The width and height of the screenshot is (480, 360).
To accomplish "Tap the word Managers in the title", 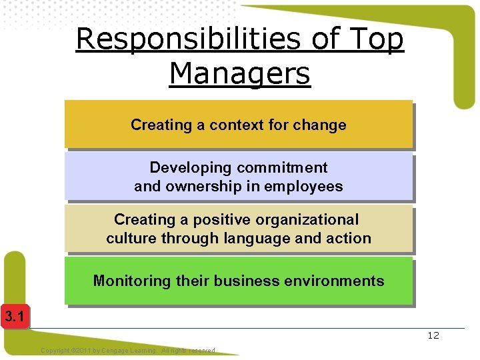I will (240, 73).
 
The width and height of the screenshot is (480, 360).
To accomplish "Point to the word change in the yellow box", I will (323, 125).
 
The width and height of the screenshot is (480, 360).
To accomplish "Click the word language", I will (258, 238).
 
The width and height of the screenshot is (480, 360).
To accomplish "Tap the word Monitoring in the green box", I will (132, 281).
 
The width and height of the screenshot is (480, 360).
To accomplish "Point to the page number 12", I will (433, 335).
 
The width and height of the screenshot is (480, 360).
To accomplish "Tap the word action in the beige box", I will (347, 238).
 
